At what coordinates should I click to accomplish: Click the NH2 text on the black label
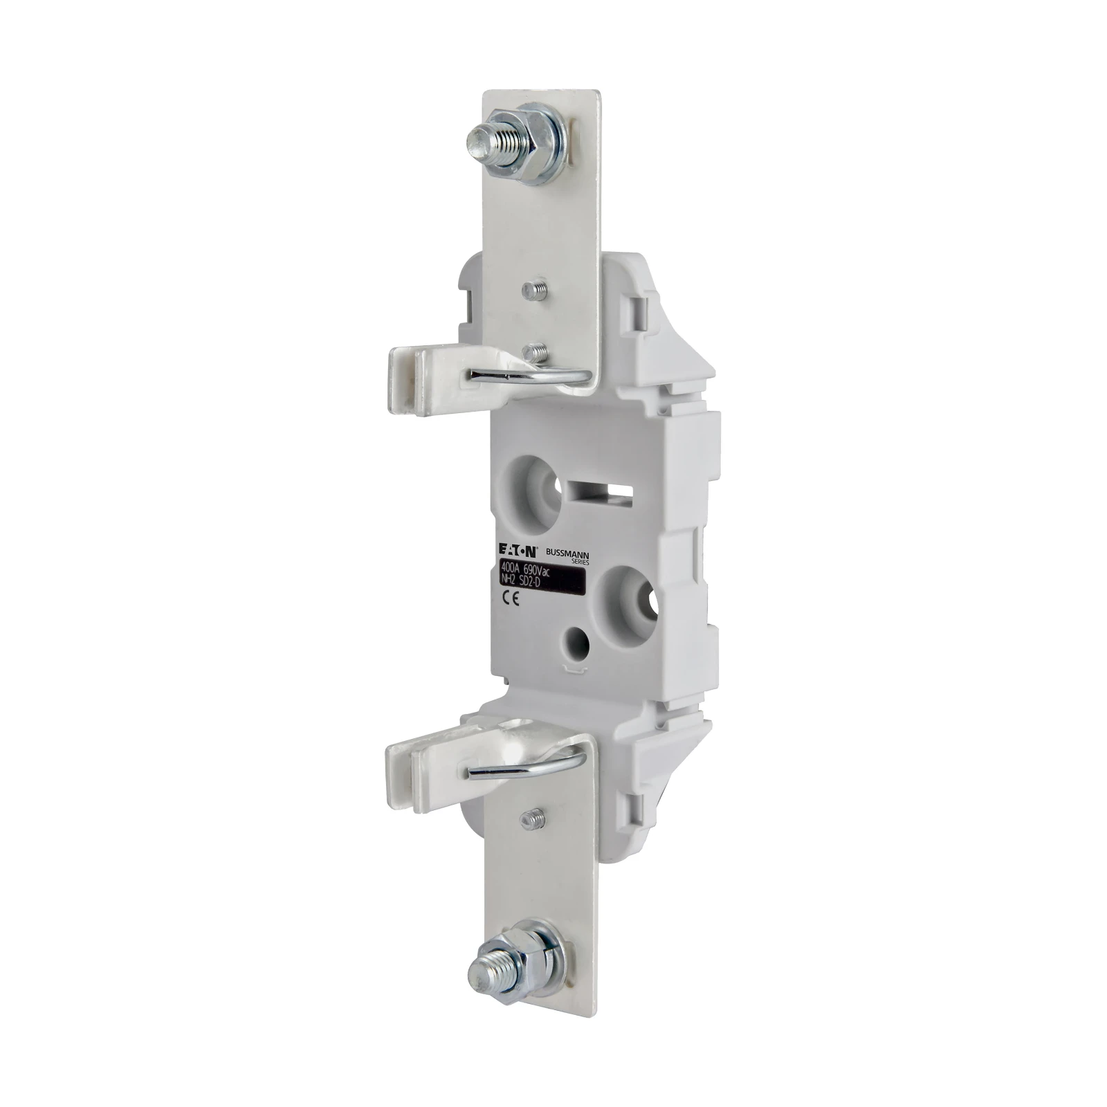[x=509, y=582]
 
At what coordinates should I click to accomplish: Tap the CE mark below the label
[x=507, y=601]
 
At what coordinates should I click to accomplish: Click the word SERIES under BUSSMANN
[x=575, y=561]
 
